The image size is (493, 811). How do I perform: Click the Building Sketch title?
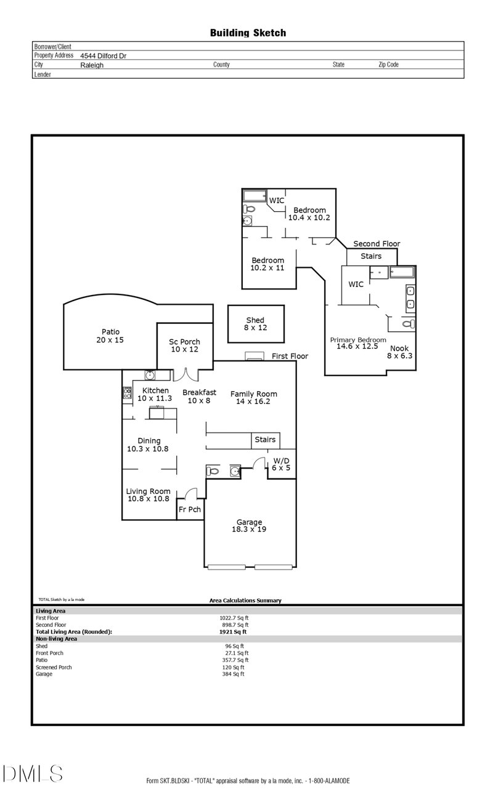pos(248,33)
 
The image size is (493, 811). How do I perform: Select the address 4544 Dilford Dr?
pos(103,55)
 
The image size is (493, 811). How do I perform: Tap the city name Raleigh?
pos(92,65)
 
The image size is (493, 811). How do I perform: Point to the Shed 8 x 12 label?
pos(255,324)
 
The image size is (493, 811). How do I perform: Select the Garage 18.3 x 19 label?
pos(249,525)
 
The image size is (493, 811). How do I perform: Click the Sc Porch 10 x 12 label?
pos(185,345)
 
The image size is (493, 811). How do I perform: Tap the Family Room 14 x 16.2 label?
pos(253,397)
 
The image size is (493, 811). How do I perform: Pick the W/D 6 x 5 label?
pos(280,464)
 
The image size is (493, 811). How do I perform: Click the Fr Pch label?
pos(190,509)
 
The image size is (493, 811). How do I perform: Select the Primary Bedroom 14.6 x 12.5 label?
pos(358,343)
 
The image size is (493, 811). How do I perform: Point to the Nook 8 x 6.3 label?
pos(399,352)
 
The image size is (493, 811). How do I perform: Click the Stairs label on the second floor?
pos(371,256)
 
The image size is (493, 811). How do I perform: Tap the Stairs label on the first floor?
pos(265,440)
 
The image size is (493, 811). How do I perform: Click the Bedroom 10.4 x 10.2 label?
pos(309,214)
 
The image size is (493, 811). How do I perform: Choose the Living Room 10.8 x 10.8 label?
pos(148,494)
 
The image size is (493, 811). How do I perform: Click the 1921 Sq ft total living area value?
pos(233,631)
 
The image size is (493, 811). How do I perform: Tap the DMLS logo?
pos(32,773)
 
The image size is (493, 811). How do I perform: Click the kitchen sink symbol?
pos(150,374)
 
